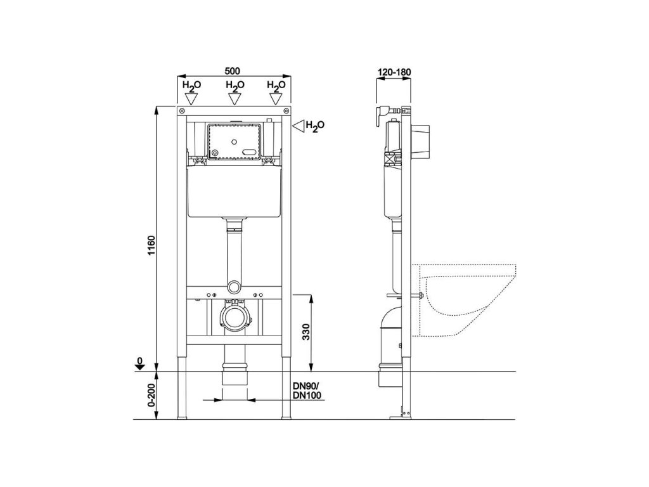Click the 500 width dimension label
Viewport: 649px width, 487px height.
(x=232, y=71)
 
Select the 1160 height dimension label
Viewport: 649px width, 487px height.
(x=151, y=245)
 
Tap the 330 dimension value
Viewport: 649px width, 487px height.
(x=306, y=332)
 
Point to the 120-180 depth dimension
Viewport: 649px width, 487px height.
(x=394, y=72)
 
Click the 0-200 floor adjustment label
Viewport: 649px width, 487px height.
(x=151, y=394)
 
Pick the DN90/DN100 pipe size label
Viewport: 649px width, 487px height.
(x=307, y=391)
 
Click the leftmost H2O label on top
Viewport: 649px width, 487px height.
(x=192, y=86)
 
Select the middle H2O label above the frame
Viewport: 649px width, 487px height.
(x=235, y=86)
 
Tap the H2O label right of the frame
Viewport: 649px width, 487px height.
(x=315, y=126)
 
